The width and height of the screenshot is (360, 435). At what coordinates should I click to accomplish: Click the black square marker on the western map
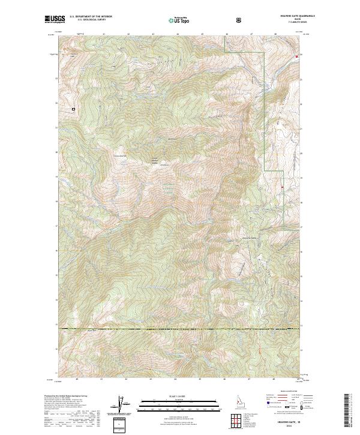(74, 109)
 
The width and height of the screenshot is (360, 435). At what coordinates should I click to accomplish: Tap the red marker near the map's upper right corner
(296, 56)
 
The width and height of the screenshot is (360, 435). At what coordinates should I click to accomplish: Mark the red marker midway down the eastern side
(282, 188)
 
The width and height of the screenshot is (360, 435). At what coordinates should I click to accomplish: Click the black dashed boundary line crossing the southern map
(180, 329)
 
